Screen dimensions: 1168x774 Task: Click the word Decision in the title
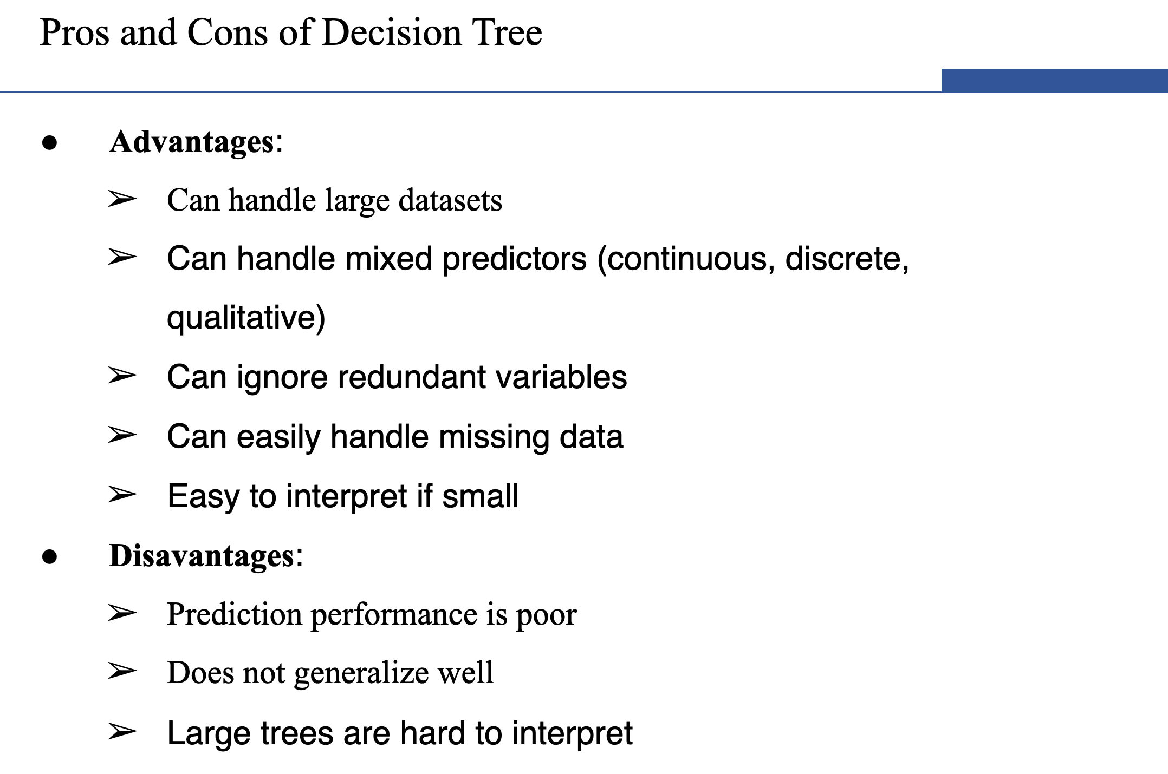(x=391, y=32)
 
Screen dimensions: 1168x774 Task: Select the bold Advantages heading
(x=192, y=143)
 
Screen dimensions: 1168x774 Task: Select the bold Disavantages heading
(x=202, y=556)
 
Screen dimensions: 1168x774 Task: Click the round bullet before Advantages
(x=49, y=143)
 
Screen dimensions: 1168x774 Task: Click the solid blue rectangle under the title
(x=1054, y=80)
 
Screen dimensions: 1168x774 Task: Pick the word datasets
(x=450, y=200)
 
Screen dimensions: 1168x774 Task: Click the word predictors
(x=515, y=259)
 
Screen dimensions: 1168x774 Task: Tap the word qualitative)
(x=246, y=317)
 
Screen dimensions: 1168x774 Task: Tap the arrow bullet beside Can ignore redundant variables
(x=122, y=375)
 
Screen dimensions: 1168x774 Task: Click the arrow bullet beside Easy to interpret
(x=122, y=494)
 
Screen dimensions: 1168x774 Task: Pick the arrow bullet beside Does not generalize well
(x=122, y=671)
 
